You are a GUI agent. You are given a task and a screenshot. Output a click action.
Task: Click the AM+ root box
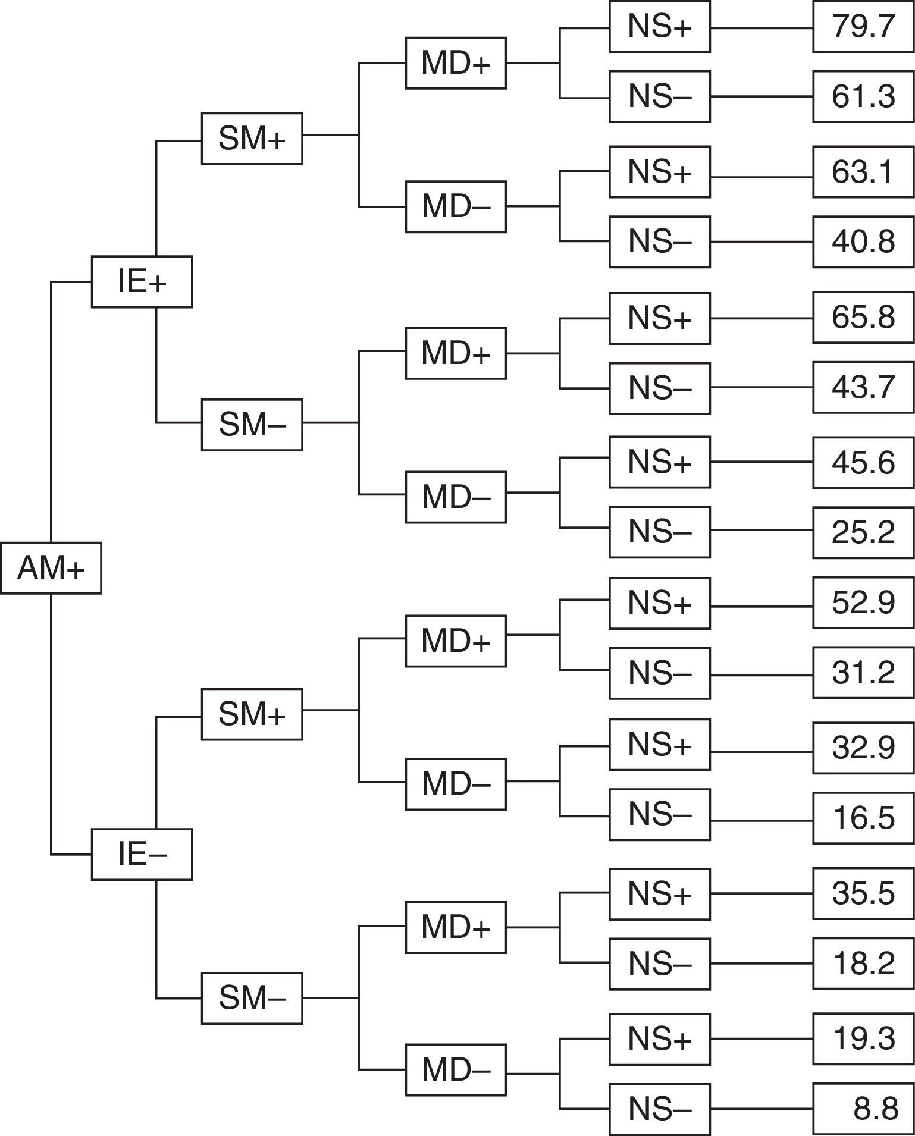pyautogui.click(x=51, y=568)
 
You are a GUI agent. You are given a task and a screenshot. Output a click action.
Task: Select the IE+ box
pyautogui.click(x=142, y=282)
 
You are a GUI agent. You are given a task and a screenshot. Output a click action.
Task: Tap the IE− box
pyautogui.click(x=142, y=854)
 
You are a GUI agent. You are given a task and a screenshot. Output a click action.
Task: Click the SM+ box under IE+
pyautogui.click(x=252, y=139)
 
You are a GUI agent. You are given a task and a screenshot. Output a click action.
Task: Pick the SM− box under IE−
pyautogui.click(x=252, y=999)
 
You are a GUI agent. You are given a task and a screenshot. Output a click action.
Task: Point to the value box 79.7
pyautogui.click(x=863, y=27)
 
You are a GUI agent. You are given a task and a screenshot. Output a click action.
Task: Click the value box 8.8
pyautogui.click(x=863, y=1109)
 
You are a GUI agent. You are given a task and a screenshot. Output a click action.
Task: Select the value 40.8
pyautogui.click(x=863, y=242)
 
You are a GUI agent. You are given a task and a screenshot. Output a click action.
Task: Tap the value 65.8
pyautogui.click(x=863, y=318)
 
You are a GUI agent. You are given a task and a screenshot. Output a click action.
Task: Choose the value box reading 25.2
pyautogui.click(x=863, y=531)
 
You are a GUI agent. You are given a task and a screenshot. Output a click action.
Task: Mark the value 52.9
pyautogui.click(x=863, y=602)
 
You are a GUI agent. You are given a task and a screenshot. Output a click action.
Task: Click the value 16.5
pyautogui.click(x=863, y=818)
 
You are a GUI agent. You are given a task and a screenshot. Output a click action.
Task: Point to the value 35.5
pyautogui.click(x=863, y=893)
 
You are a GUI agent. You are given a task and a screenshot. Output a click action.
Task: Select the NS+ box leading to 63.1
pyautogui.click(x=659, y=172)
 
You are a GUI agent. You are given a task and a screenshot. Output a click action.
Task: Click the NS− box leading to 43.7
pyautogui.click(x=659, y=388)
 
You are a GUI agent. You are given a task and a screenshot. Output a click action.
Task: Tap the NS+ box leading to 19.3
pyautogui.click(x=659, y=1039)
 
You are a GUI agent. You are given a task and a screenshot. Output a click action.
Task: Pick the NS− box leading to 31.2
pyautogui.click(x=659, y=673)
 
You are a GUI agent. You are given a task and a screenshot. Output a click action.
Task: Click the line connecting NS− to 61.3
pyautogui.click(x=762, y=96)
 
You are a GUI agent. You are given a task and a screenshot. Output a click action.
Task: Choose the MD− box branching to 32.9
pyautogui.click(x=456, y=784)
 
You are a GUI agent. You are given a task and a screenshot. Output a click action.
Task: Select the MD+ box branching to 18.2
pyautogui.click(x=456, y=927)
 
